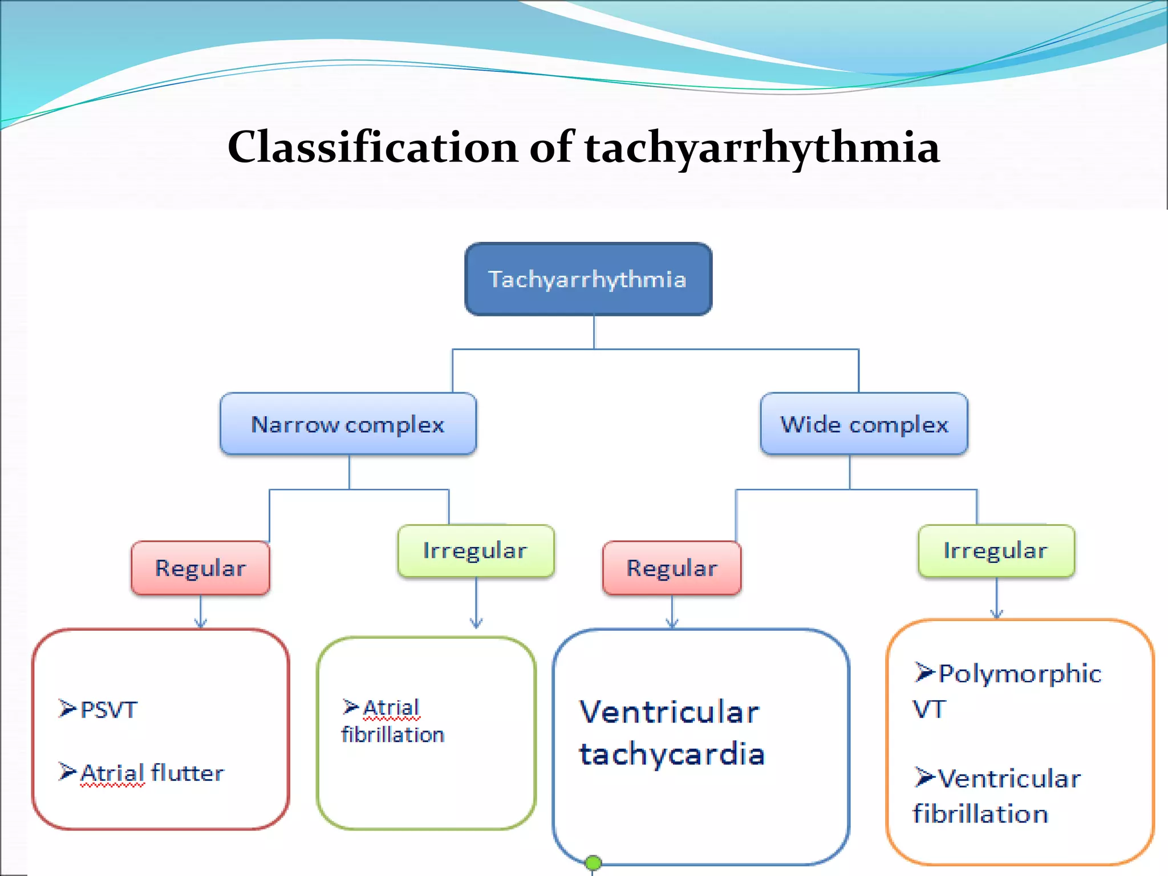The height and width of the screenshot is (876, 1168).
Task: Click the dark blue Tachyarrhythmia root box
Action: tap(588, 279)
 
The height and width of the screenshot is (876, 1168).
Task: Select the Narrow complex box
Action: tap(348, 424)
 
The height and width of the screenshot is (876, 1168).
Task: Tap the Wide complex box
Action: tap(863, 424)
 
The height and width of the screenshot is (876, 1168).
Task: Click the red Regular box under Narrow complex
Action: tap(200, 568)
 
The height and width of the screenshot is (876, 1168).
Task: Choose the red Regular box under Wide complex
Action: tap(672, 568)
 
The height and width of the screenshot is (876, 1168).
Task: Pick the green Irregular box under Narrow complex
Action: tap(476, 550)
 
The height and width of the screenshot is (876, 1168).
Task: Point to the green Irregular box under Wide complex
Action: tap(996, 550)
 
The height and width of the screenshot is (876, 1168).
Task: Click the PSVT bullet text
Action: tap(109, 710)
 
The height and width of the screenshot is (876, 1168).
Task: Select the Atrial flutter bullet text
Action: tap(152, 773)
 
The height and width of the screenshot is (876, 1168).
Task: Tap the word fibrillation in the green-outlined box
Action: tap(392, 735)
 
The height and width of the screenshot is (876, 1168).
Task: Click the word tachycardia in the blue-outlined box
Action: tap(672, 754)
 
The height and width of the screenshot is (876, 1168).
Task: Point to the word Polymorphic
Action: tap(1020, 674)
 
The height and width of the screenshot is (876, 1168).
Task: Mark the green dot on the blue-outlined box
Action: tap(593, 863)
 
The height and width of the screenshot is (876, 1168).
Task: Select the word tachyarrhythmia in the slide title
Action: tap(762, 147)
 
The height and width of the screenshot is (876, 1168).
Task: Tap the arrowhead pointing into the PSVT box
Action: tap(200, 623)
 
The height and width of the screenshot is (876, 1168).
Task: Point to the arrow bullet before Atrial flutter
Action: tap(67, 772)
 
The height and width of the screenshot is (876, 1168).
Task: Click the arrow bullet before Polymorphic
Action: tap(924, 672)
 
